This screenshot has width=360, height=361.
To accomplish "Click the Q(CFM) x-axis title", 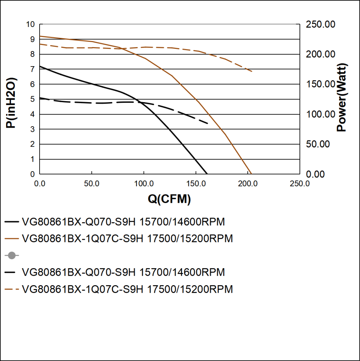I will click(x=169, y=199).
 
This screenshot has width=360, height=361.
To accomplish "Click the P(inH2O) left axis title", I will click(x=12, y=103).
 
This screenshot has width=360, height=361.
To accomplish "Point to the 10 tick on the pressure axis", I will click(x=30, y=24).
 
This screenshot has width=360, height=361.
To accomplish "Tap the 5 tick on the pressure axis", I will click(x=32, y=99).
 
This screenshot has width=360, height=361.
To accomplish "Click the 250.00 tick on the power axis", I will click(x=320, y=24).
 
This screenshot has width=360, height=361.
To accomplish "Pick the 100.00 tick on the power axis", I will click(x=320, y=114).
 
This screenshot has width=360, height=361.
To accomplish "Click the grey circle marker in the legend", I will click(x=12, y=256).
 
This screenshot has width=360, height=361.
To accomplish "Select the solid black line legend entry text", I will click(x=123, y=222).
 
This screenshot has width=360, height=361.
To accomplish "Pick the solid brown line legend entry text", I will click(x=127, y=238).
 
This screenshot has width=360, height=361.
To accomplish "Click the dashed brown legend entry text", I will click(x=127, y=289).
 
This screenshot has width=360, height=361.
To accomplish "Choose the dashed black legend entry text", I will click(x=123, y=273).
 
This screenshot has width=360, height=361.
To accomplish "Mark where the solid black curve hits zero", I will click(x=207, y=174).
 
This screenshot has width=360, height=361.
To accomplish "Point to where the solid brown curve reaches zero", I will click(x=251, y=174).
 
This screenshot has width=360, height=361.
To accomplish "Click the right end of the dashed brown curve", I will click(x=252, y=72).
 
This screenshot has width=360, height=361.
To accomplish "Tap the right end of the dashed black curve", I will click(x=208, y=124).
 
